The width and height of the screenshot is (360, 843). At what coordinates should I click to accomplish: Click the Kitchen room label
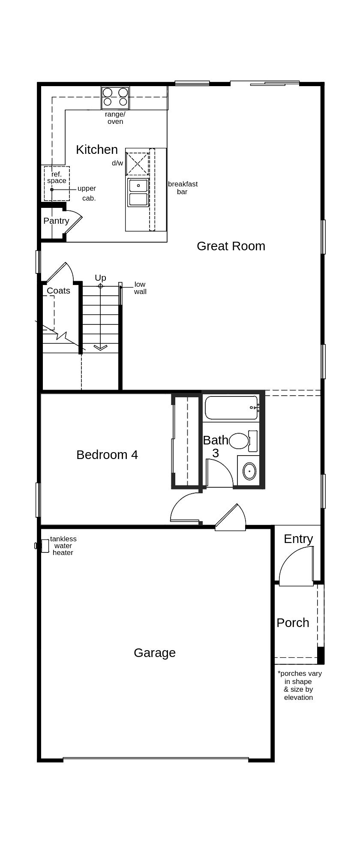tap(96, 150)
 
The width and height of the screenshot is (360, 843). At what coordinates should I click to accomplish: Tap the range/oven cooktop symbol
tap(115, 97)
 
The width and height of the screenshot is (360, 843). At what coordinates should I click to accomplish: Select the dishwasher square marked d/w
tap(137, 163)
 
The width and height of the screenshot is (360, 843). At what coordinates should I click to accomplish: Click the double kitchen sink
tap(138, 192)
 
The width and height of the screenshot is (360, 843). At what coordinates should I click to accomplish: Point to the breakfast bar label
tap(183, 188)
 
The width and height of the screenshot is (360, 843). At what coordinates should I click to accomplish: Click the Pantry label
tap(56, 221)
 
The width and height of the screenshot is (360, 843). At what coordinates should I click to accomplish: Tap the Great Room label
tap(231, 246)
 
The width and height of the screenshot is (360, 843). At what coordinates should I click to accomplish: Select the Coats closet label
tap(58, 291)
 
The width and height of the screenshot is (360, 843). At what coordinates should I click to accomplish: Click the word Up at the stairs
tap(100, 278)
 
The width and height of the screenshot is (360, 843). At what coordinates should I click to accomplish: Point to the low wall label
tap(140, 288)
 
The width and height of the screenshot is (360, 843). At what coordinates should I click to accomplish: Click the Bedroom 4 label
tap(107, 455)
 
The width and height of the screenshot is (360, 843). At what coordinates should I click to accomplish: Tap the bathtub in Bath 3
tap(231, 408)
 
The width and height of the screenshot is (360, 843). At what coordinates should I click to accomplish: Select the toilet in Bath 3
tap(239, 441)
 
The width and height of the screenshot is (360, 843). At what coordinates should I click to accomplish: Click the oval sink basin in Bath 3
tap(249, 471)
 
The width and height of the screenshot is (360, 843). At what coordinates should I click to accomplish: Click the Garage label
tap(154, 653)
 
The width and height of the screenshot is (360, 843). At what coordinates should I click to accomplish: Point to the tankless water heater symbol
tap(44, 546)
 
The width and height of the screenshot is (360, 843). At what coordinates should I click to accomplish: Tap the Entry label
tap(298, 539)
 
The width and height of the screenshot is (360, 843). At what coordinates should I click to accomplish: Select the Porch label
tap(293, 623)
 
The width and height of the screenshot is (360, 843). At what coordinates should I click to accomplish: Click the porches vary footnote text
tap(299, 685)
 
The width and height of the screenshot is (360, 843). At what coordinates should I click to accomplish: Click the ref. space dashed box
tap(57, 183)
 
